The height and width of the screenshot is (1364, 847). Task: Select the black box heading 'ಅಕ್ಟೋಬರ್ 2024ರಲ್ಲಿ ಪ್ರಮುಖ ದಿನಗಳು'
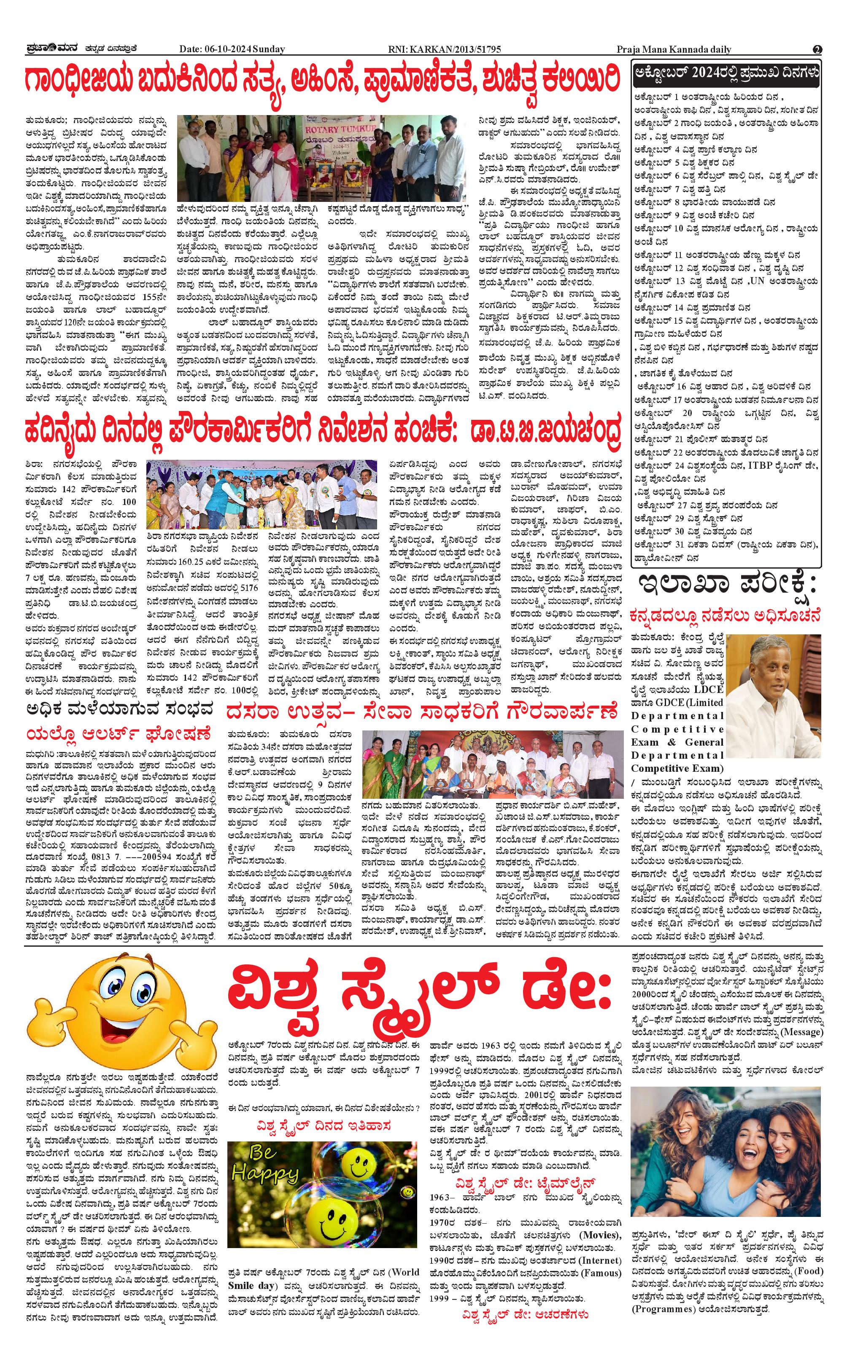pos(726,73)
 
